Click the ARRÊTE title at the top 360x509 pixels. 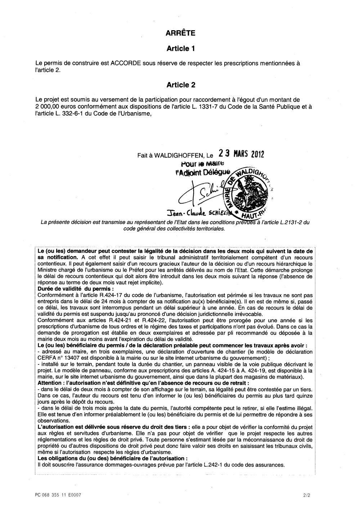click(x=180, y=33)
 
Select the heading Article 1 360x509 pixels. click(x=181, y=48)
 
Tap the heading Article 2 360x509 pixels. click(x=181, y=85)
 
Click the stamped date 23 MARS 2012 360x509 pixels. click(x=241, y=154)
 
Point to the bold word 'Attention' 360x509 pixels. click(x=49, y=383)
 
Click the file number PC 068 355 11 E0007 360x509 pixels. click(x=56, y=495)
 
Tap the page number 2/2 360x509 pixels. click(x=306, y=495)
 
